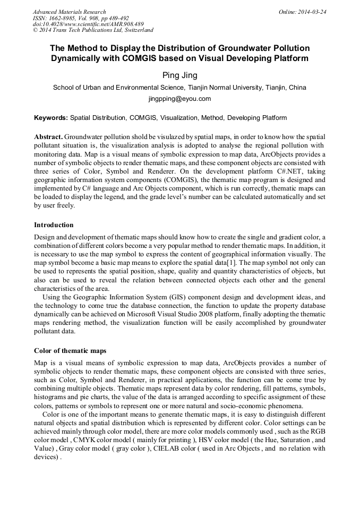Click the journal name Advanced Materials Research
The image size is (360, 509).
click(x=69, y=12)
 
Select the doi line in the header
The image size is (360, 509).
click(x=88, y=24)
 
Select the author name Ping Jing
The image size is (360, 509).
click(x=179, y=75)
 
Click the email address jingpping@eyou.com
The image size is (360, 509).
click(x=179, y=99)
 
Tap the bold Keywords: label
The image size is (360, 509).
click(x=51, y=118)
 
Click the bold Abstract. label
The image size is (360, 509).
click(x=48, y=136)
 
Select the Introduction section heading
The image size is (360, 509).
click(x=54, y=225)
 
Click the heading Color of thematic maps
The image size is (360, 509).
click(x=70, y=351)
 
